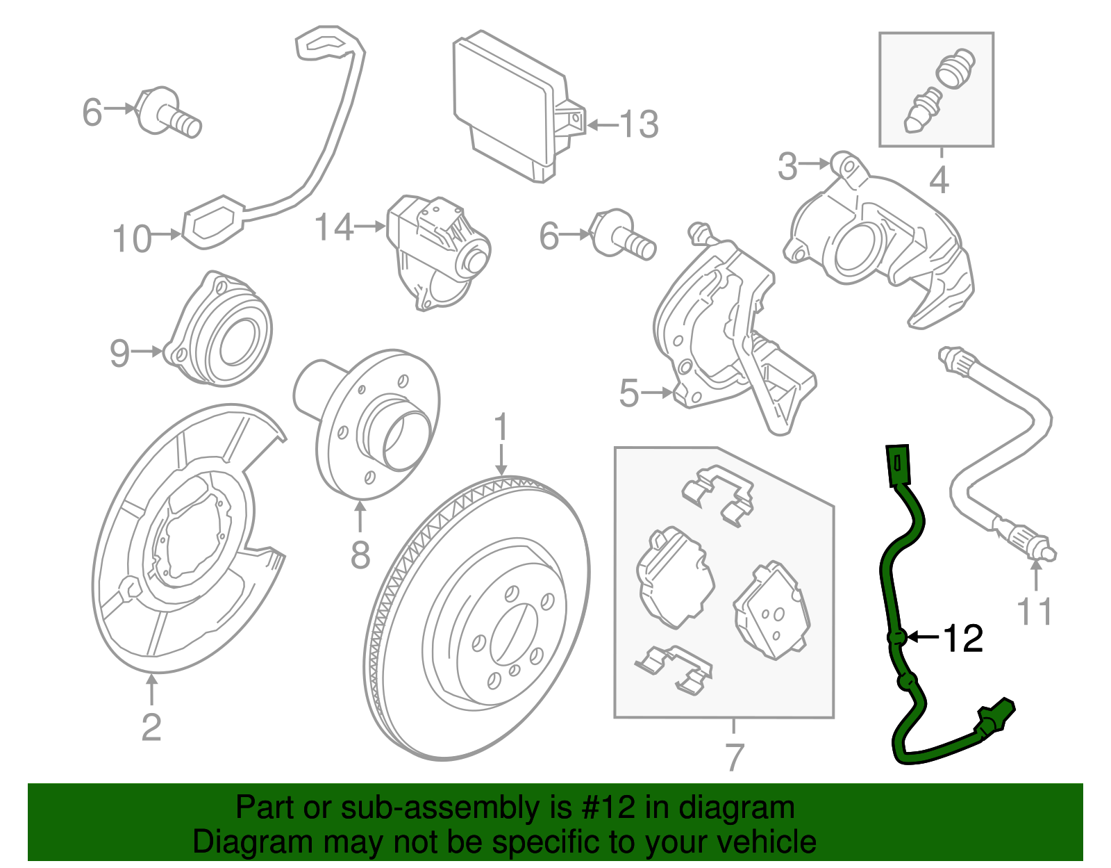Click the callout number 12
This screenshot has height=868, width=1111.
click(962, 637)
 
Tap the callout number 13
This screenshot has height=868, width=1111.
click(638, 125)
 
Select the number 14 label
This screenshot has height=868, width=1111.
click(334, 227)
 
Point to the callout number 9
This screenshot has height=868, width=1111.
click(119, 353)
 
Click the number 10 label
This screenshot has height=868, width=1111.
click(131, 238)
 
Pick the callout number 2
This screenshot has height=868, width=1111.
click(151, 727)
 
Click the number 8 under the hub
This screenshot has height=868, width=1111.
click(360, 555)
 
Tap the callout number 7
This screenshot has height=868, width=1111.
click(734, 757)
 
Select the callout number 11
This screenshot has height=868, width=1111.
click(1034, 612)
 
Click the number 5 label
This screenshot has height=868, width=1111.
click(628, 393)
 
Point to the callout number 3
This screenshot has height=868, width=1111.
click(787, 166)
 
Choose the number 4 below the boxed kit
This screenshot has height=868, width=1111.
click(939, 180)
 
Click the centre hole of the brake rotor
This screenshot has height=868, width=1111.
click(513, 633)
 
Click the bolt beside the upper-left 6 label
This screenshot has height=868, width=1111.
click(170, 115)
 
